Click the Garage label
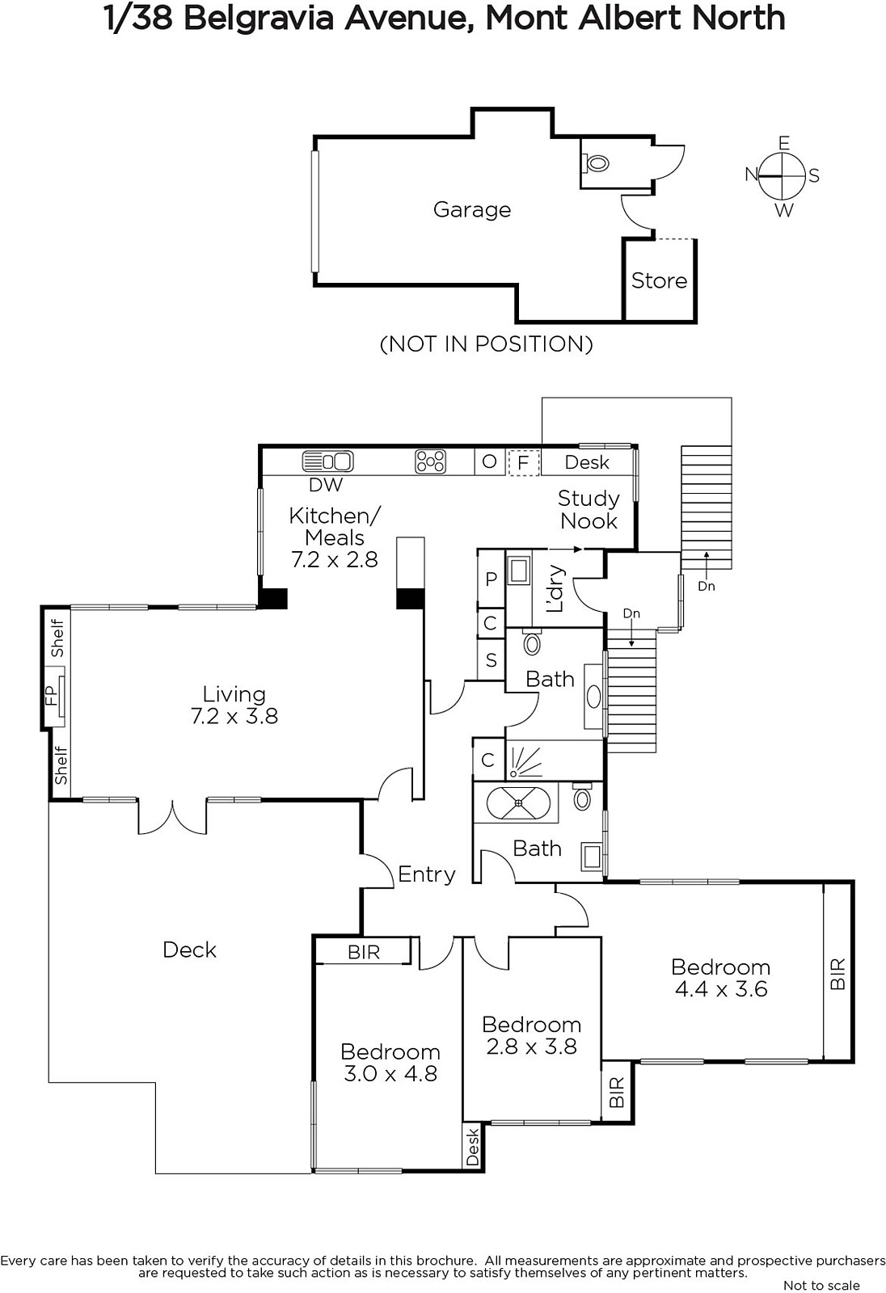[472, 210]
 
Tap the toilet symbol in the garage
[596, 162]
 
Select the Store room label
[659, 280]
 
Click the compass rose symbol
[782, 175]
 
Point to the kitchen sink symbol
[328, 461]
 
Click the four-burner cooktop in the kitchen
[430, 461]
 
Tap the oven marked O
[489, 461]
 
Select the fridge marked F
[523, 462]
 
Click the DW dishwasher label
[326, 485]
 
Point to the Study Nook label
[589, 510]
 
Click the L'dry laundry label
[555, 588]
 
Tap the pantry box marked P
[492, 579]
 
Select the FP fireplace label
[52, 696]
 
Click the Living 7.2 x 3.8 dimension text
[234, 705]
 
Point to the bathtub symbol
[519, 802]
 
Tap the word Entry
[427, 874]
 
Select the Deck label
[189, 950]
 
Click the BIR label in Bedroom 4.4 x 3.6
[838, 975]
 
